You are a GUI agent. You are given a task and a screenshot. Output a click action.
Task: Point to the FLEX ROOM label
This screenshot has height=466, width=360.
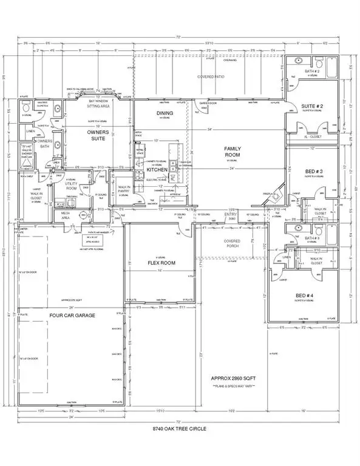tap(161, 264)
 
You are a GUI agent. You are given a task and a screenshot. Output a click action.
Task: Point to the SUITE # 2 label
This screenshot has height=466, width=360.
tap(312, 107)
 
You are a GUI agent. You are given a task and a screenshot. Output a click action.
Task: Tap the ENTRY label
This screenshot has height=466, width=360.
tap(231, 214)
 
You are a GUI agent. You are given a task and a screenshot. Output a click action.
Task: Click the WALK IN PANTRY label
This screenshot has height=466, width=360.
tap(124, 192)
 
